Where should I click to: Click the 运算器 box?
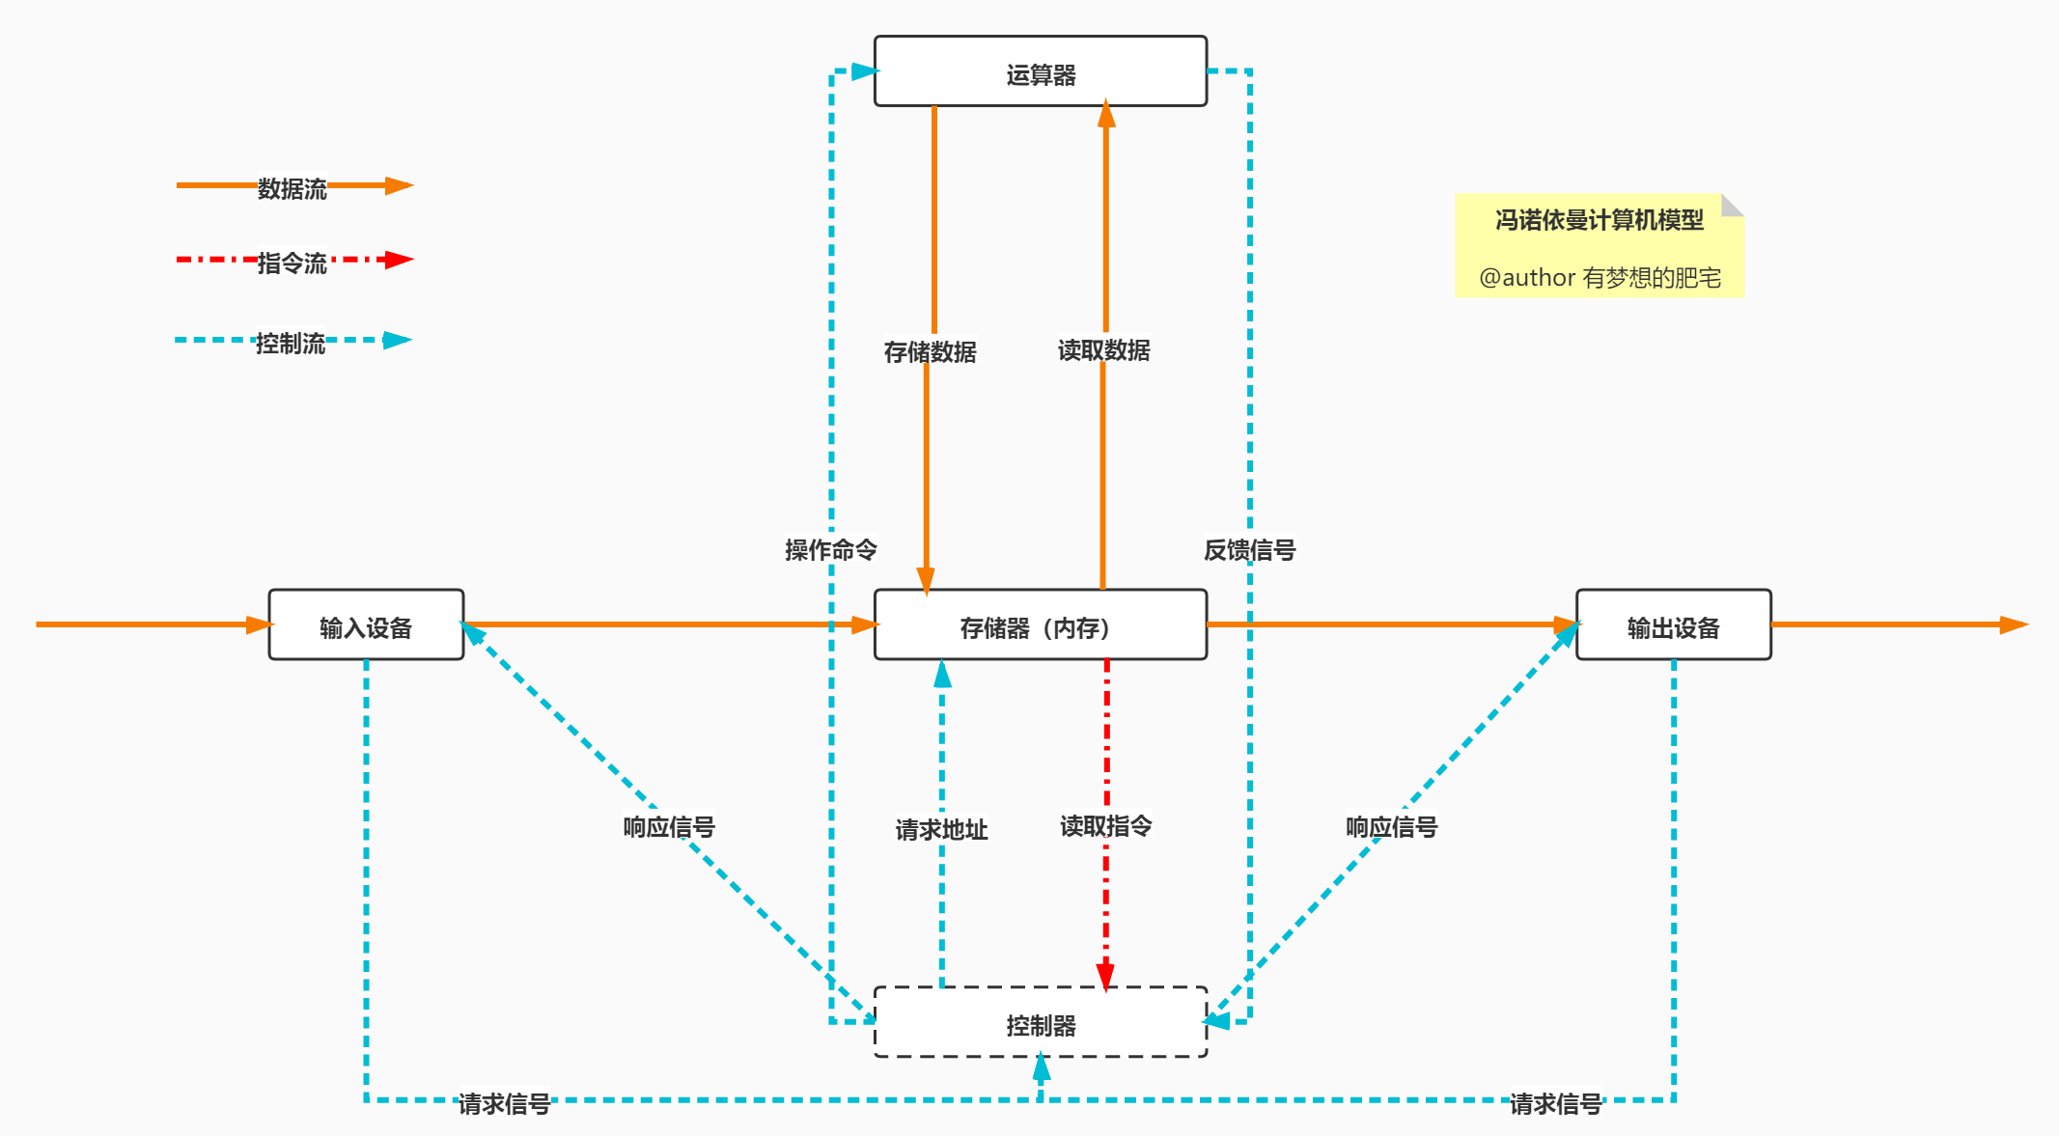tap(1040, 72)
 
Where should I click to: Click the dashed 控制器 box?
tap(1040, 1023)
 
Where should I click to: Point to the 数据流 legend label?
tap(292, 188)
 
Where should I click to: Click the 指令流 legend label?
tap(292, 263)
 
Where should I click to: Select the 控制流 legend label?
tap(290, 343)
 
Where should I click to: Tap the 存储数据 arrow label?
tap(930, 351)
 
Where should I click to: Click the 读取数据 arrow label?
tap(1103, 349)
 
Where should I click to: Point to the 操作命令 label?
tap(830, 549)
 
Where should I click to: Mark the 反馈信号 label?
tap(1249, 549)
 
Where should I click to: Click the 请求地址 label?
tap(941, 829)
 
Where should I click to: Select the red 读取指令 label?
tap(1105, 825)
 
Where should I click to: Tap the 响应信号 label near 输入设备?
tap(669, 826)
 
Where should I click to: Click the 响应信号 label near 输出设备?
tap(1391, 826)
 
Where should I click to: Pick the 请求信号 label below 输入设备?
tap(504, 1103)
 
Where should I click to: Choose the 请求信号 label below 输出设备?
tap(1555, 1103)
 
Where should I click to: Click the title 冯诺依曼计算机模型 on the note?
tap(1599, 220)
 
